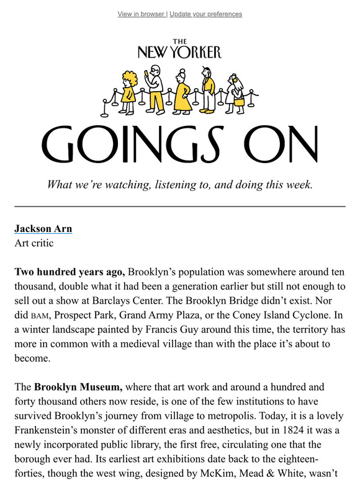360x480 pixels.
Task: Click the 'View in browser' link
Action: coord(141,14)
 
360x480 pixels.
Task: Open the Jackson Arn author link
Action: coord(43,229)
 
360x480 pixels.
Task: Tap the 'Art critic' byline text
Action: coord(34,243)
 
